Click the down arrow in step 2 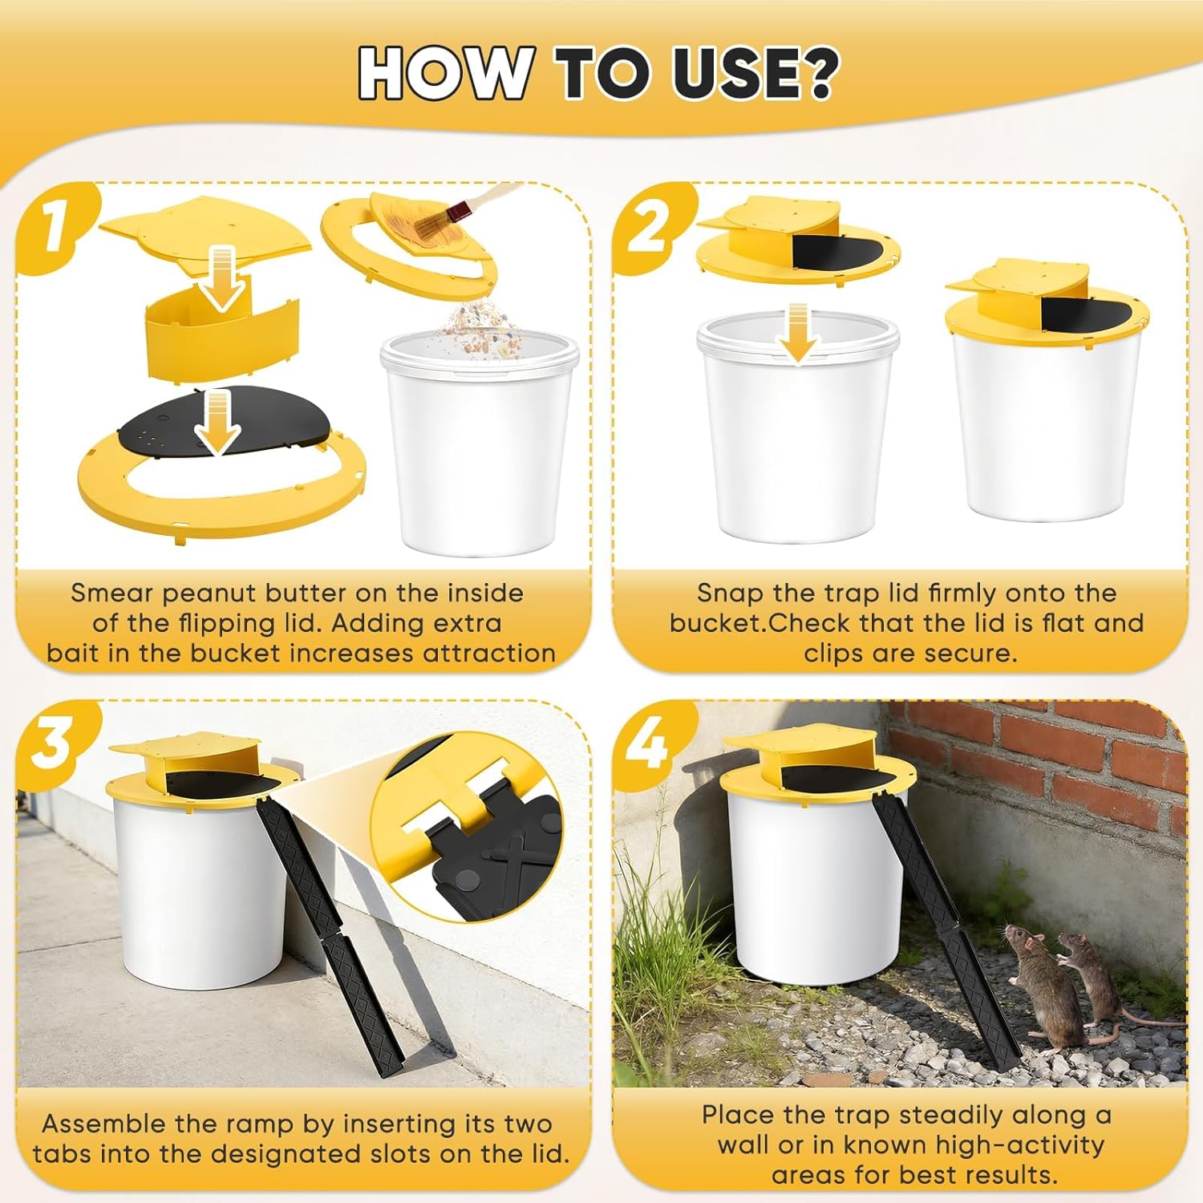[x=797, y=333]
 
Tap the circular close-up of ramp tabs [x=473, y=826]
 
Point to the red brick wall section [x=1043, y=746]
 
